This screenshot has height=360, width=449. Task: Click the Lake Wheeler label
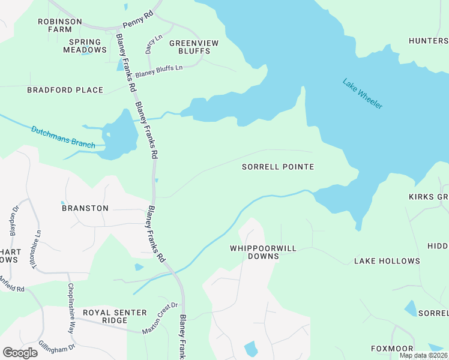[363, 94]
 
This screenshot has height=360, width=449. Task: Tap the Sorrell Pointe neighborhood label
[277, 167]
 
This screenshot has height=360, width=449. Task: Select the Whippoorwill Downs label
[255, 252]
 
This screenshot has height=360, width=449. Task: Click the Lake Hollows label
[387, 261]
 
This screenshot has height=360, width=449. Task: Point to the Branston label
[85, 208]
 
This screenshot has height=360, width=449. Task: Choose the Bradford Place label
[65, 90]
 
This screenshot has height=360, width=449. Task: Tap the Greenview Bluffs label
[193, 47]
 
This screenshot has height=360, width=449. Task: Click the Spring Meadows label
[85, 46]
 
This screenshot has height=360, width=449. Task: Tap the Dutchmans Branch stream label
[62, 137]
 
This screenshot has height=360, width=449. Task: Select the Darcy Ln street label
[150, 45]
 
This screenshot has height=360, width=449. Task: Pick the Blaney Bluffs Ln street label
[158, 71]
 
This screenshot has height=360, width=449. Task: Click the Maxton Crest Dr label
[160, 318]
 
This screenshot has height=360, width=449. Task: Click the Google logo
[20, 353]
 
